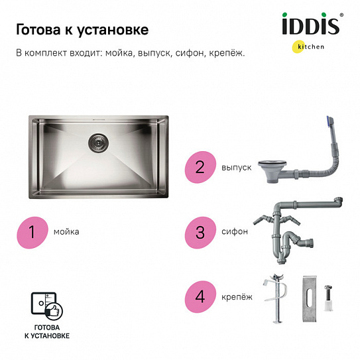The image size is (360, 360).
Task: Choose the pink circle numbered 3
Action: tap(200, 232)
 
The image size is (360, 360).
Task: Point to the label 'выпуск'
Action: tap(237, 168)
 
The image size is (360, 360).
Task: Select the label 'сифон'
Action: tap(236, 232)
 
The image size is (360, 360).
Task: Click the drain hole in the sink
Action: tap(97, 140)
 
